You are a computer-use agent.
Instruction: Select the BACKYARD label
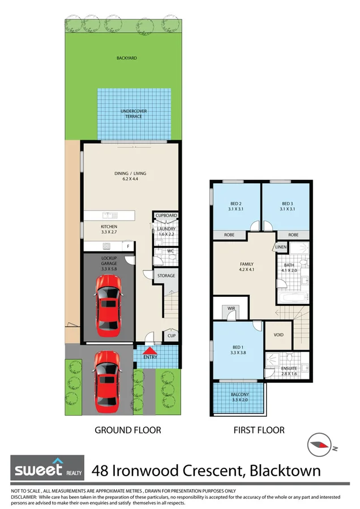coord(127,58)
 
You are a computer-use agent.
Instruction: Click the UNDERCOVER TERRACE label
coord(134,114)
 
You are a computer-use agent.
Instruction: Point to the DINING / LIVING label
coord(130,176)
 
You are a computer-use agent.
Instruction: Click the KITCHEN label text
coord(94,226)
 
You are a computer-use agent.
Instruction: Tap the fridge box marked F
coord(128,247)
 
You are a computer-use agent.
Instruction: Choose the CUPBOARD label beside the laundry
coord(166,215)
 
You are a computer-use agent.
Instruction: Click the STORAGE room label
coord(166,276)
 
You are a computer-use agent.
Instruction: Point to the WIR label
coord(231,308)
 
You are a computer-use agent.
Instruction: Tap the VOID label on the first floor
coord(278,334)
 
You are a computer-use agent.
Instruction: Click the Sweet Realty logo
coord(48,468)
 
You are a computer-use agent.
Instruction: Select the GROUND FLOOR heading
coord(127,430)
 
